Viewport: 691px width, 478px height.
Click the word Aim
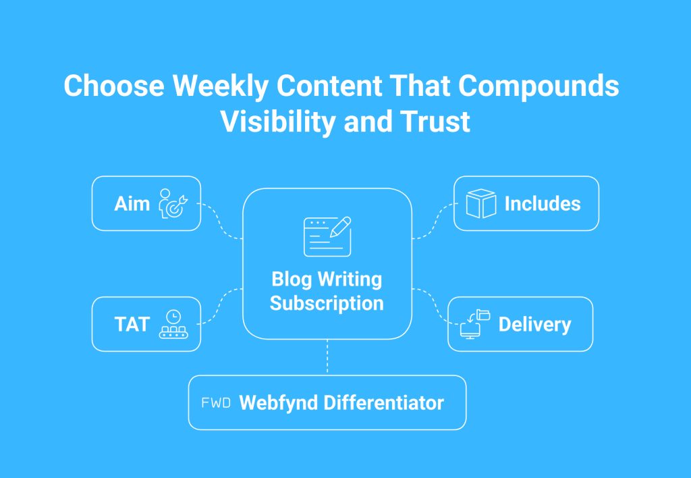(x=132, y=204)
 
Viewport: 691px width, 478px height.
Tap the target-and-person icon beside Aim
(x=173, y=203)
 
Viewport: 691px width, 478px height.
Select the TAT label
(x=132, y=325)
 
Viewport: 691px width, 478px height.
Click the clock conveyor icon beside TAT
(x=173, y=324)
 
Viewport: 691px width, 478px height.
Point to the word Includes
(x=543, y=204)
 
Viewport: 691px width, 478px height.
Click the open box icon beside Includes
(x=480, y=203)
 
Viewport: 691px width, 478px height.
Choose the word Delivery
(x=534, y=325)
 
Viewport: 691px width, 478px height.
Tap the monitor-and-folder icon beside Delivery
(x=475, y=324)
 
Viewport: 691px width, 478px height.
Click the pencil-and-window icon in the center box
(x=327, y=236)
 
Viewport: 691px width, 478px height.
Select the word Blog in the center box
(x=292, y=280)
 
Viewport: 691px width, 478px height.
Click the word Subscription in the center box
(x=327, y=303)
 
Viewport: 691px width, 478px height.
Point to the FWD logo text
(x=216, y=402)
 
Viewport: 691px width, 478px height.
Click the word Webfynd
(x=279, y=403)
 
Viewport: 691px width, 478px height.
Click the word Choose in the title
(x=114, y=85)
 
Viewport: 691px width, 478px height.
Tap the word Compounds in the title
(x=538, y=86)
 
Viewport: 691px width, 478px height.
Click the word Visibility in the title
(x=279, y=122)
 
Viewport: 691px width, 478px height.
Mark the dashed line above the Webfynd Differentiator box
(x=327, y=356)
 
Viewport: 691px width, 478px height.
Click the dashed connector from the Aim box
(x=220, y=221)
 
